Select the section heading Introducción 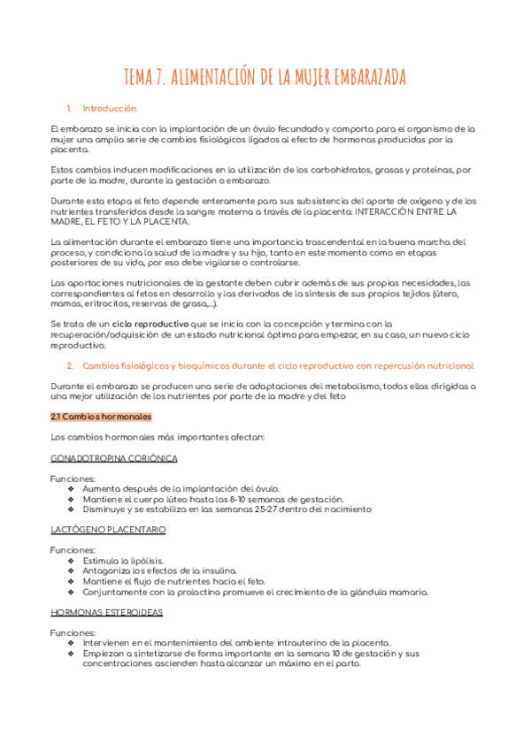coord(109,109)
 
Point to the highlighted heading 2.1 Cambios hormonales coord(102,417)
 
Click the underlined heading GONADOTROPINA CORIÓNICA coord(114,458)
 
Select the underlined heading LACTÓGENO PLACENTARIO coord(108,530)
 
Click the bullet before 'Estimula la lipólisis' coord(72,561)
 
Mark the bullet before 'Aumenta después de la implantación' coord(72,489)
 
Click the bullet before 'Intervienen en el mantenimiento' coord(72,643)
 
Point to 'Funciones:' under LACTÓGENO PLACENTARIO coord(73,550)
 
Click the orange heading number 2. coord(70,365)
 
